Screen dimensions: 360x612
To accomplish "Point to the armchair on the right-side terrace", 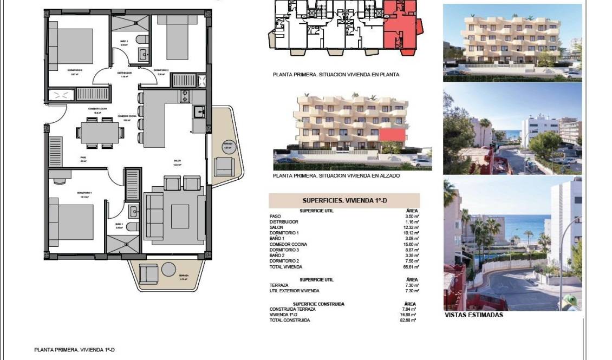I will pyautogui.click(x=223, y=166).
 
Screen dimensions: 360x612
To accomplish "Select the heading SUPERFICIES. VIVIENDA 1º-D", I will pyautogui.click(x=344, y=200).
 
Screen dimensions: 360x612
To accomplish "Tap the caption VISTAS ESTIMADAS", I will pyautogui.click(x=473, y=315).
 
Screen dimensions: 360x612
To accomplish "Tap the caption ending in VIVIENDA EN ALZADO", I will pyautogui.click(x=336, y=176).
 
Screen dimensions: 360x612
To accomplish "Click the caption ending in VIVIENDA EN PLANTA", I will pyautogui.click(x=336, y=75).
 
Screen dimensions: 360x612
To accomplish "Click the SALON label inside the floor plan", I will pyautogui.click(x=177, y=161).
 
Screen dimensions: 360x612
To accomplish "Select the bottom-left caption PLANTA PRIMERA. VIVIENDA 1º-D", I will pyautogui.click(x=74, y=350).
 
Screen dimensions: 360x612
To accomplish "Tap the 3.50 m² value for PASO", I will pyautogui.click(x=409, y=216).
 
